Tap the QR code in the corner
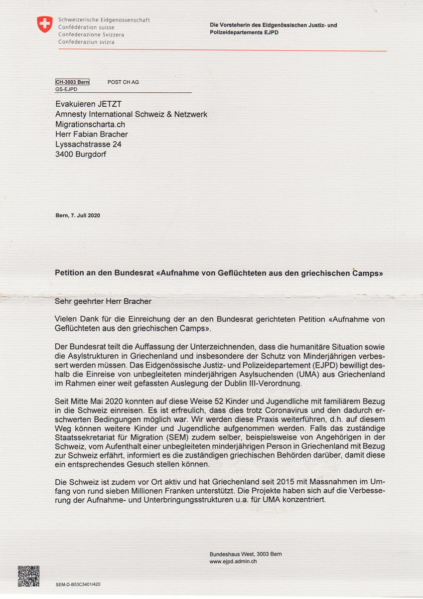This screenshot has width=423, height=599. pos(28,576)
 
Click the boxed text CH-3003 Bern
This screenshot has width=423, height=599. pos(72,82)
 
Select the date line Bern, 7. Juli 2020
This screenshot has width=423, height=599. pos(78,215)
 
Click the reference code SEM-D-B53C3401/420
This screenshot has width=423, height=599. pos(82,584)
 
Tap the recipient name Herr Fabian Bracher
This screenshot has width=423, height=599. pos(92,134)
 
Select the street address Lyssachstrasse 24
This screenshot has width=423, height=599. pos(88,144)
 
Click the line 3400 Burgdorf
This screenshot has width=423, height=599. pos(81,154)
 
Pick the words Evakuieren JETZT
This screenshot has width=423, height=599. pos(88,104)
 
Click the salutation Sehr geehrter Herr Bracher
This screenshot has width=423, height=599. pos(103,301)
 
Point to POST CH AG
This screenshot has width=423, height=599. pos(123,82)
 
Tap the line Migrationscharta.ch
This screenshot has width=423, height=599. pos(90,124)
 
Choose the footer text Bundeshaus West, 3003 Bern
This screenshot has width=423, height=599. pos(246,554)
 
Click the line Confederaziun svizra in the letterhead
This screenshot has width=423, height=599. pos(86,42)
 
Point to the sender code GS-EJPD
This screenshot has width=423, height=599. pos(66,89)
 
